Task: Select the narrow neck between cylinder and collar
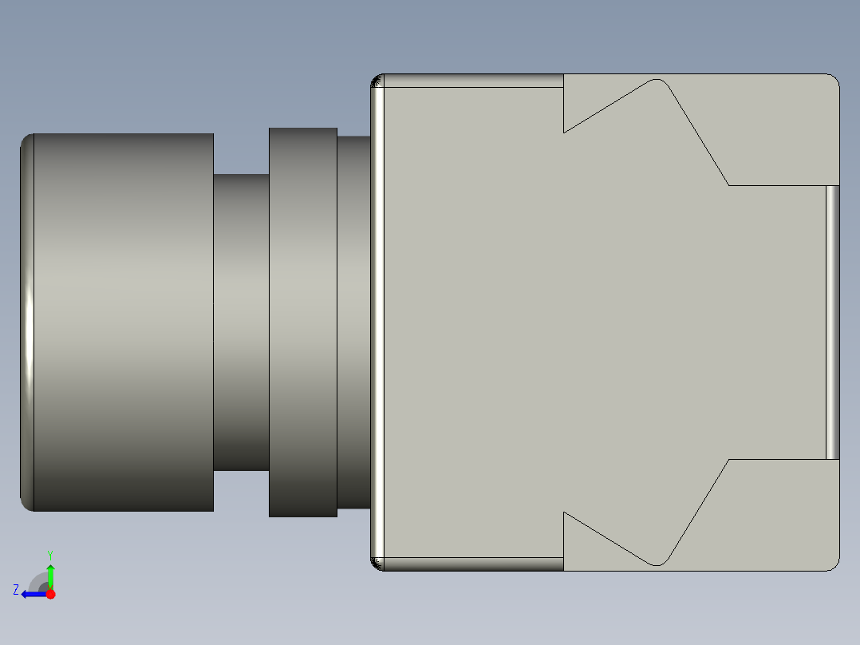pyautogui.click(x=241, y=322)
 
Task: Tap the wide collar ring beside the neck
pyautogui.click(x=303, y=322)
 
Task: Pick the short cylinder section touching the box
pyautogui.click(x=353, y=322)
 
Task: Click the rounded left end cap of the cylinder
pyautogui.click(x=26, y=322)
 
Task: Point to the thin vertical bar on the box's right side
pyautogui.click(x=832, y=322)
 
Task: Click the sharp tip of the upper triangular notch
pyautogui.click(x=565, y=132)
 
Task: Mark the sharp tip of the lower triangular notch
pyautogui.click(x=565, y=512)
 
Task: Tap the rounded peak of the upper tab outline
pyautogui.click(x=657, y=80)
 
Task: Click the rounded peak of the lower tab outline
pyautogui.click(x=657, y=564)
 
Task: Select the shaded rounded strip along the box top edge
pyautogui.click(x=471, y=81)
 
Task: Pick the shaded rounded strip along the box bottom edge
pyautogui.click(x=471, y=564)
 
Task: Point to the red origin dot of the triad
pyautogui.click(x=50, y=594)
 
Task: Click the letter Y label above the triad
pyautogui.click(x=50, y=554)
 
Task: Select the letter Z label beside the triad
pyautogui.click(x=15, y=590)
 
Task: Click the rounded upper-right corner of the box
pyautogui.click(x=833, y=80)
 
